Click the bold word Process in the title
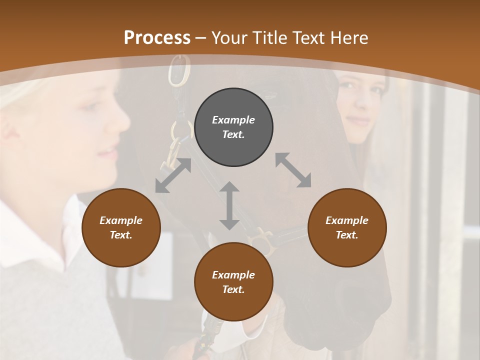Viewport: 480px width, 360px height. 157,37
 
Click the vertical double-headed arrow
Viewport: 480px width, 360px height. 229,205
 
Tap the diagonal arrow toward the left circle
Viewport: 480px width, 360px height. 173,175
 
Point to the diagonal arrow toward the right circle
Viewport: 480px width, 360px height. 293,170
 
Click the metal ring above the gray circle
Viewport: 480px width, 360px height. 180,70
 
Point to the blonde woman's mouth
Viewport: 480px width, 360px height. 109,152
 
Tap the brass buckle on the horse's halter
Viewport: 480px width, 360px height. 263,238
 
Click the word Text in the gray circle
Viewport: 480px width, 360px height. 233,134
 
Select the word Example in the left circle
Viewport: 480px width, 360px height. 121,220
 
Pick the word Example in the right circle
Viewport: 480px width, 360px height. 347,220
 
